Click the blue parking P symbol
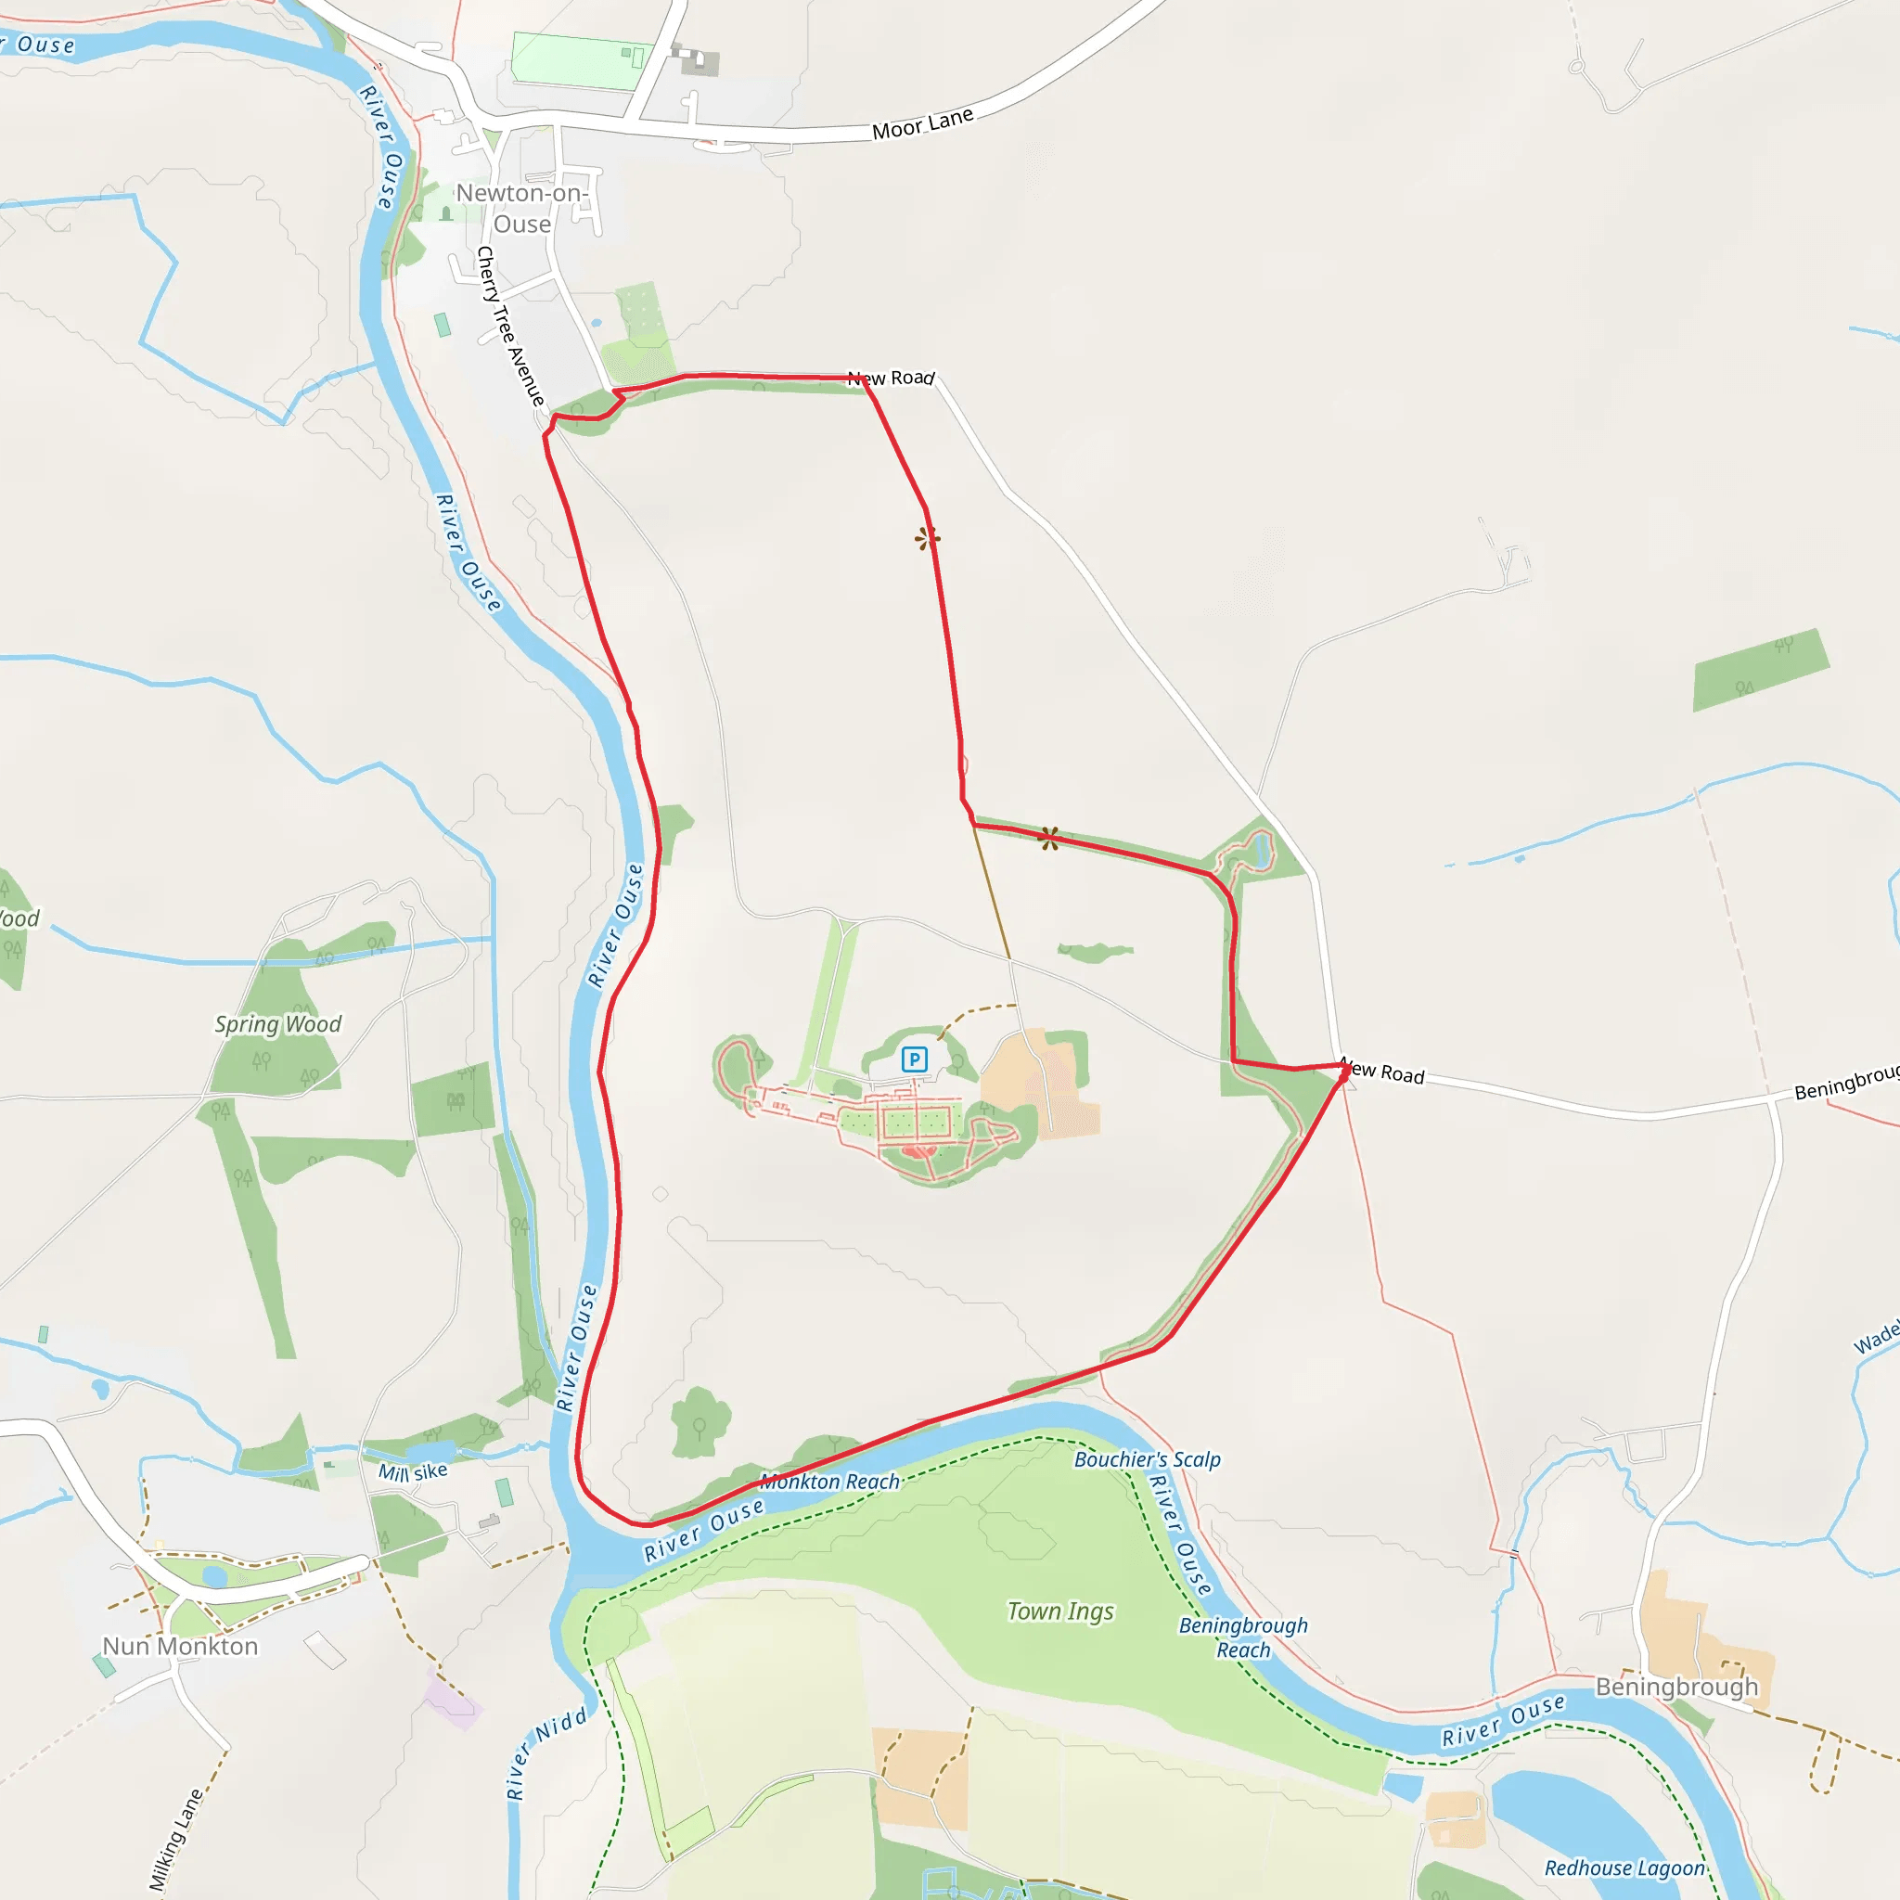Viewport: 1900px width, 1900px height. pos(914,1059)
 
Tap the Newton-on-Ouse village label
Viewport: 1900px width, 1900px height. pos(521,209)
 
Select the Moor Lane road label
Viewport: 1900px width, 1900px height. pos(922,123)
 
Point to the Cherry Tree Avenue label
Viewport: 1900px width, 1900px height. pos(510,327)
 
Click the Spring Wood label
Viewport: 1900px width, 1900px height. pos(277,1024)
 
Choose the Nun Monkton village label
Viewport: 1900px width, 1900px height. pos(180,1647)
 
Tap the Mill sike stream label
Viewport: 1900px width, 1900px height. pos(413,1472)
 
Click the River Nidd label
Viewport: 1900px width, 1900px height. pos(546,1754)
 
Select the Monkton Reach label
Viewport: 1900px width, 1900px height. pos(831,1481)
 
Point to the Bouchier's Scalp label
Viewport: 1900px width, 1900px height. pos(1147,1459)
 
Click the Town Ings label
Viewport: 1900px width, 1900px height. pos(1060,1611)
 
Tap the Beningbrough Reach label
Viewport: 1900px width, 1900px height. pos(1243,1637)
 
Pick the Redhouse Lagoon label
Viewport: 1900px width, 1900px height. pos(1624,1868)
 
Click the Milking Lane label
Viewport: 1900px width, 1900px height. pos(176,1839)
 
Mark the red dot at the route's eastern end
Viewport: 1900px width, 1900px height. pos(1343,1075)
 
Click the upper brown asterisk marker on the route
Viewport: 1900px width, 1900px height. pos(928,538)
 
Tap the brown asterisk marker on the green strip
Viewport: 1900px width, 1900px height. pos(1049,838)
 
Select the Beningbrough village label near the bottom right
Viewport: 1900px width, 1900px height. pos(1675,1688)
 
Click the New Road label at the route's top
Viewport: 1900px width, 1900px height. pos(891,378)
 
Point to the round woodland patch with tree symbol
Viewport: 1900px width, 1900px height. pos(700,1422)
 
